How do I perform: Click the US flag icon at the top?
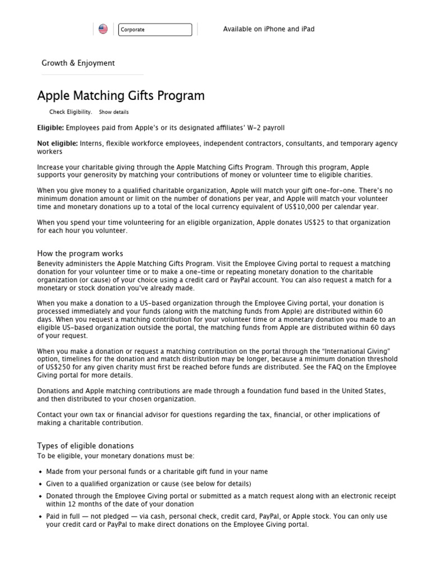pyautogui.click(x=103, y=29)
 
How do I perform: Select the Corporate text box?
pyautogui.click(x=155, y=30)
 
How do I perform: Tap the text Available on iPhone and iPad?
pyautogui.click(x=269, y=29)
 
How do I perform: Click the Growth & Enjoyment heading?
pyautogui.click(x=78, y=63)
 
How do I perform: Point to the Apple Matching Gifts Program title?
pyautogui.click(x=121, y=95)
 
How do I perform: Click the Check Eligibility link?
pyautogui.click(x=71, y=112)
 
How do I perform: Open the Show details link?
pyautogui.click(x=114, y=112)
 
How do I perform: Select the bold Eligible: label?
pyautogui.click(x=51, y=128)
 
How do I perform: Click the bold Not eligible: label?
pyautogui.click(x=57, y=144)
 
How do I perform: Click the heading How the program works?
pyautogui.click(x=80, y=253)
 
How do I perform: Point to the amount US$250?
pyautogui.click(x=54, y=367)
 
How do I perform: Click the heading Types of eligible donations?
pyautogui.click(x=85, y=445)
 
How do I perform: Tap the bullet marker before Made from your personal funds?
pyautogui.click(x=40, y=472)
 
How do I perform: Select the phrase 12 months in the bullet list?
pyautogui.click(x=79, y=504)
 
